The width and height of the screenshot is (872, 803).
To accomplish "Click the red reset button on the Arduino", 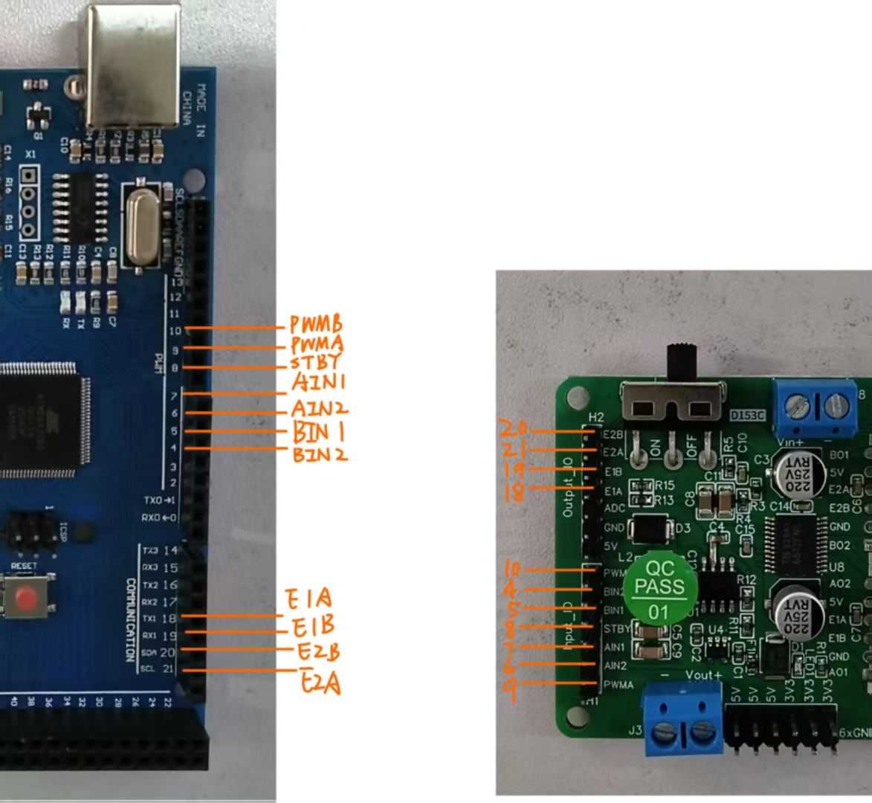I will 28,597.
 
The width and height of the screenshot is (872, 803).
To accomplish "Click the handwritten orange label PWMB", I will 315,325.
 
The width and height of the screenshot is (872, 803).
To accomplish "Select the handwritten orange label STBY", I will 315,364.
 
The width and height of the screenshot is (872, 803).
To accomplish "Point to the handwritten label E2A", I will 320,682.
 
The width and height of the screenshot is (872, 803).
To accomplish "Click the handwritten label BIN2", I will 320,454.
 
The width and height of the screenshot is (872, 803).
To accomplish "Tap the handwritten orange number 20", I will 513,428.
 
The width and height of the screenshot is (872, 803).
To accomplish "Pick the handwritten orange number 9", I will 510,688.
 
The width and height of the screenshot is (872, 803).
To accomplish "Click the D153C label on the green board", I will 746,415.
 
